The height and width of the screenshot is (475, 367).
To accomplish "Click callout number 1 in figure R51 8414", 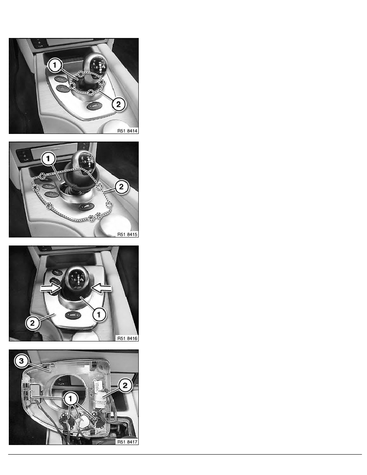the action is click(x=55, y=65).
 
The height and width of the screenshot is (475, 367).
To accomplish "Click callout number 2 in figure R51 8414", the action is click(x=118, y=104).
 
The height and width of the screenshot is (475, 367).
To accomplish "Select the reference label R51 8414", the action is click(x=128, y=131).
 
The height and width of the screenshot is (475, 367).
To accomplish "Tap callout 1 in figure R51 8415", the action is click(x=48, y=159).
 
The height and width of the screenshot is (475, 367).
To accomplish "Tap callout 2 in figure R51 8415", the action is click(x=122, y=187).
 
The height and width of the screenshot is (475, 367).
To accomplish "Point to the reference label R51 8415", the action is click(x=128, y=234).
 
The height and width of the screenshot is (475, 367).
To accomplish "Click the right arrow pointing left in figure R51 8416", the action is click(x=101, y=288).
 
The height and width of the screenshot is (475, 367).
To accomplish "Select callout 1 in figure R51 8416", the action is click(x=99, y=314).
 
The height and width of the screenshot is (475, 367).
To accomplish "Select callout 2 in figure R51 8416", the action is click(x=32, y=323).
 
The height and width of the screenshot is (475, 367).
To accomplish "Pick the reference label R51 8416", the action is click(x=128, y=338).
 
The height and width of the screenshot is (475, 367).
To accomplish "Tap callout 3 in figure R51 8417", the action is click(x=21, y=361).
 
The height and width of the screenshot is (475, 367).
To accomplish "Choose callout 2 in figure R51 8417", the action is click(x=125, y=385).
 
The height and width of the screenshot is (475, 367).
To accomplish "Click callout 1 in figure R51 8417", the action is click(x=70, y=399).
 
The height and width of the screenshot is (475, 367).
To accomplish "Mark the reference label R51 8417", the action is click(x=128, y=442).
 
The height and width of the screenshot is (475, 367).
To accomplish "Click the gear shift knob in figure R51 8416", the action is click(x=78, y=280).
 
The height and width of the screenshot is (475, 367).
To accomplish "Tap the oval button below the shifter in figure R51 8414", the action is click(x=94, y=106).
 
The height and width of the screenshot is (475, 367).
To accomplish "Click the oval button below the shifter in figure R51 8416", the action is click(x=73, y=315).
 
